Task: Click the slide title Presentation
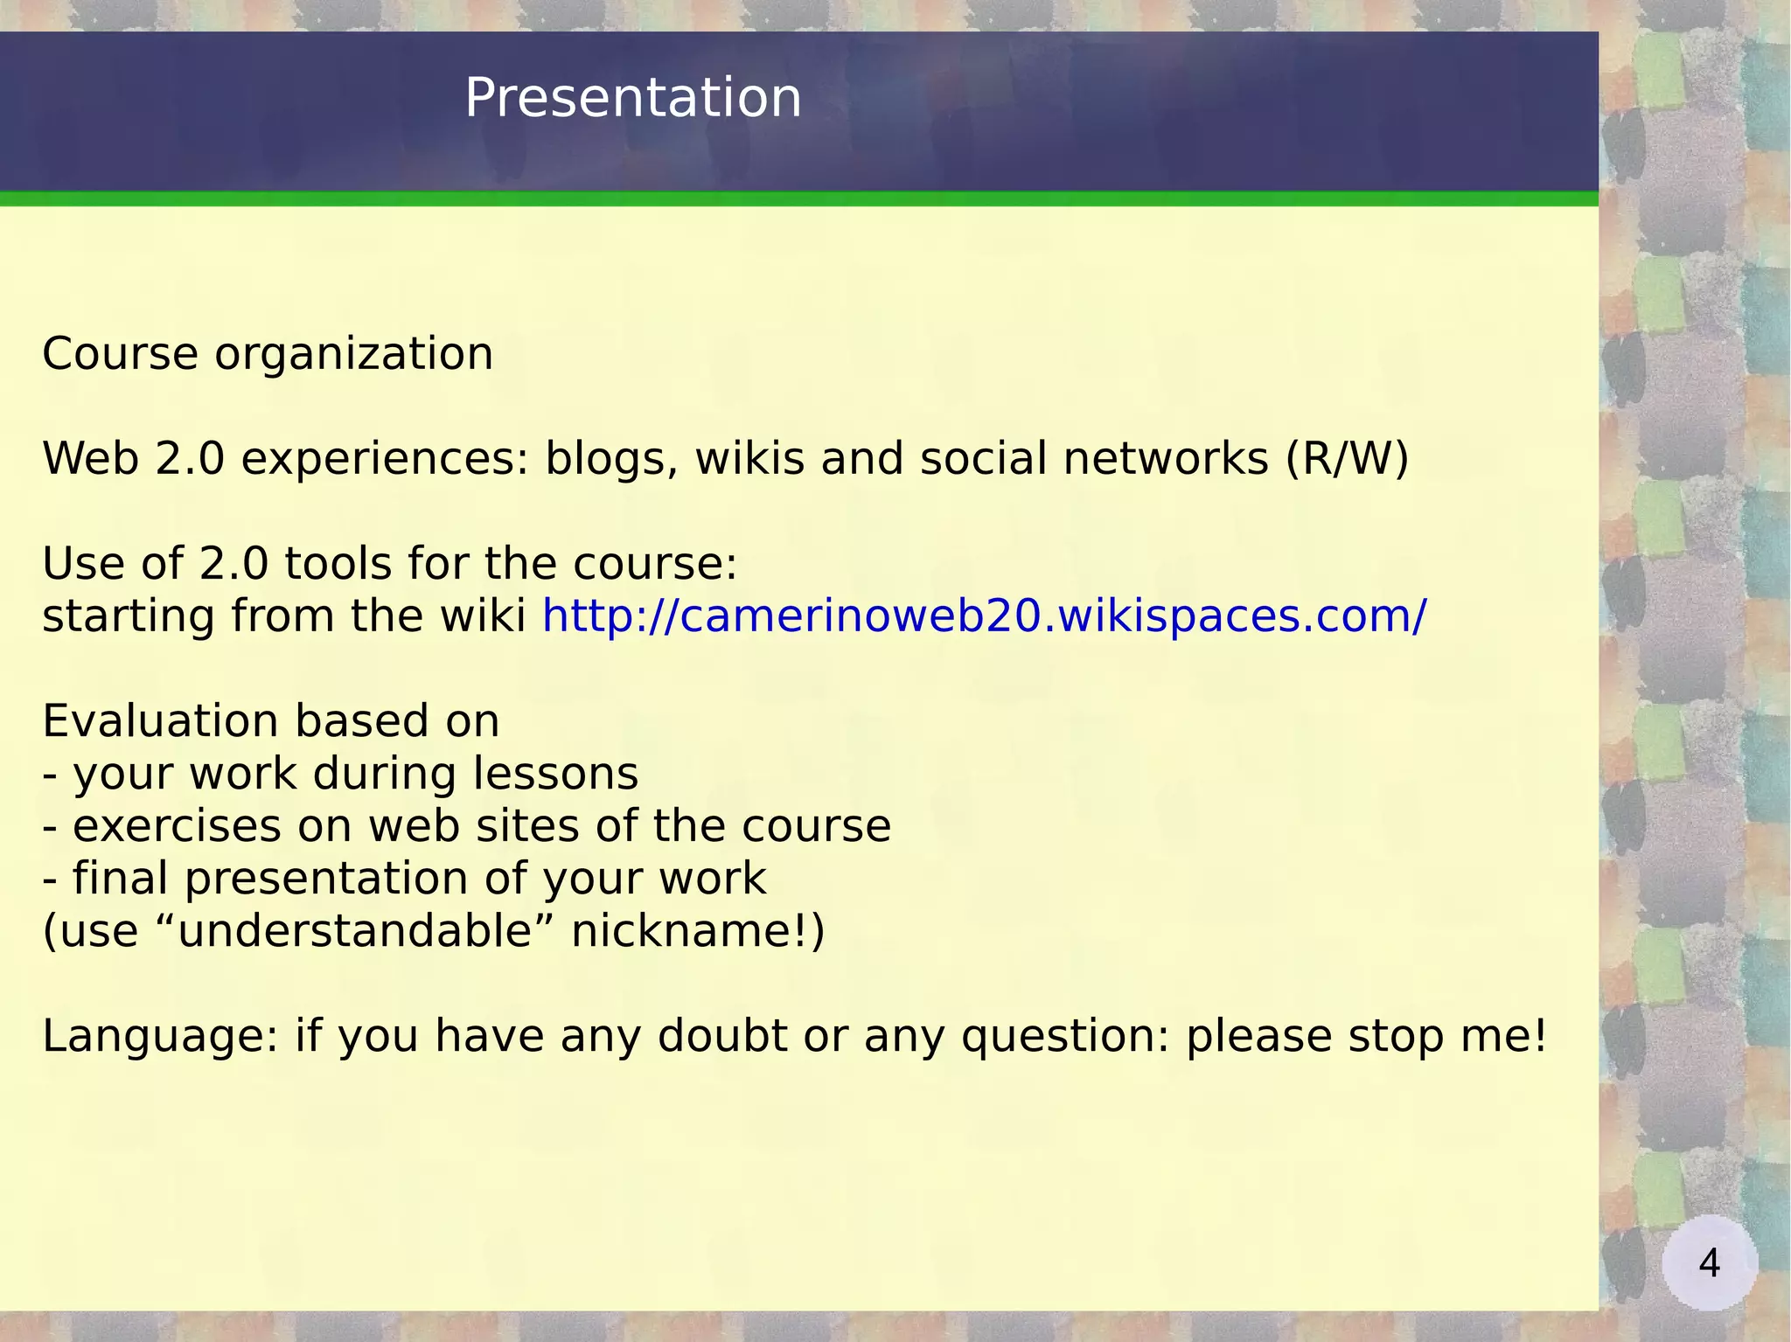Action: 632,97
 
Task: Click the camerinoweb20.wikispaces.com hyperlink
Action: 984,615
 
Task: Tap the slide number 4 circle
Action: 1709,1262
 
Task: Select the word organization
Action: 353,355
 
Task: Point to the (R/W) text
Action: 1347,459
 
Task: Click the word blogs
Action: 611,459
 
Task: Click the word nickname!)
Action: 697,930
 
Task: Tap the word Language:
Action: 159,1036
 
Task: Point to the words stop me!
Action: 1447,1036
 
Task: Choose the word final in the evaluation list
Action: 120,878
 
